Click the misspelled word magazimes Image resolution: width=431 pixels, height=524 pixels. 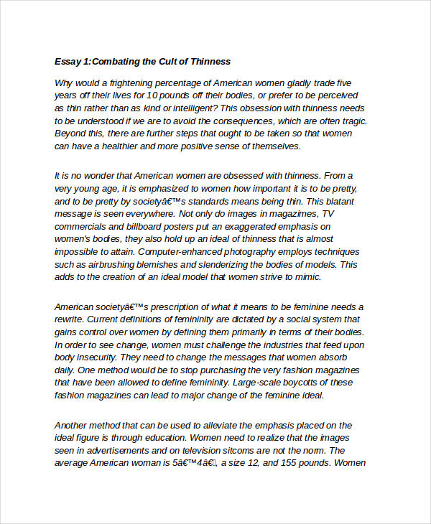[292, 214]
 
